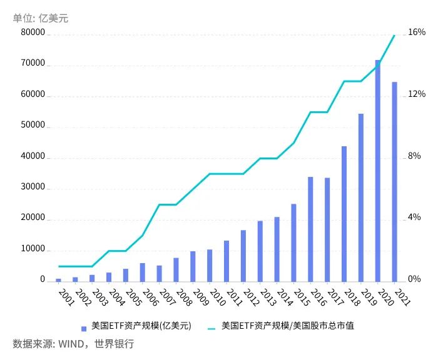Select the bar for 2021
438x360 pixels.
pyautogui.click(x=395, y=181)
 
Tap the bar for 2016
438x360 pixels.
pyautogui.click(x=310, y=229)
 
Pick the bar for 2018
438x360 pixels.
pyautogui.click(x=344, y=213)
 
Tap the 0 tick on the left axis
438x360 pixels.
pyautogui.click(x=43, y=280)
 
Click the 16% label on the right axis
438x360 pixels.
pyautogui.click(x=417, y=32)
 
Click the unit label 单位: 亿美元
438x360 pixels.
pyautogui.click(x=41, y=18)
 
